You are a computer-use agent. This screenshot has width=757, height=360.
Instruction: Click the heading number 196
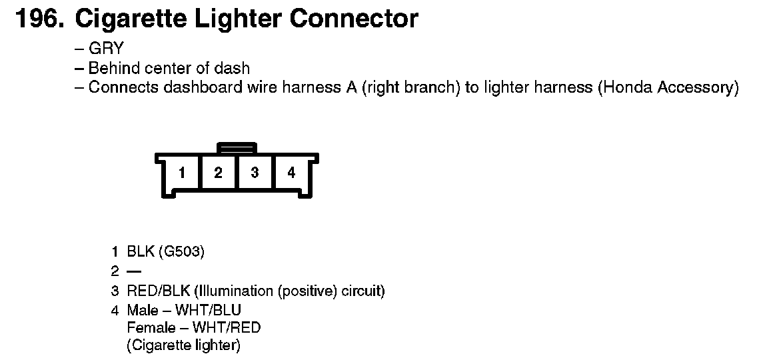pyautogui.click(x=39, y=19)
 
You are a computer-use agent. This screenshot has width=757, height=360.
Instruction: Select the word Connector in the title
pyautogui.click(x=353, y=19)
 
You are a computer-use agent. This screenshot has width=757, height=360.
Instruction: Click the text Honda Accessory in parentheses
pyautogui.click(x=668, y=87)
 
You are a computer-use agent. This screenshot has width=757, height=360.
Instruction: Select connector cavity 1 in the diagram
pyautogui.click(x=181, y=173)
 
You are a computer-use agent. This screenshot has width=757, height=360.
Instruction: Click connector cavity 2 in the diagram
pyautogui.click(x=218, y=173)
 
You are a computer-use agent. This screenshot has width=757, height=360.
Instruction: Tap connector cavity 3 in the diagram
pyautogui.click(x=255, y=173)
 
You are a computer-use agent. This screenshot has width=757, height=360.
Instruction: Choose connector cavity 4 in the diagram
pyautogui.click(x=291, y=173)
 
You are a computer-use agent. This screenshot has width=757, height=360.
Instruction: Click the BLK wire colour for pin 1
pyautogui.click(x=141, y=251)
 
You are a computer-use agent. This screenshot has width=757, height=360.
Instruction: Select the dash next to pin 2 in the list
pyautogui.click(x=134, y=271)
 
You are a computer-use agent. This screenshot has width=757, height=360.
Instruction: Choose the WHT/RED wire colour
pyautogui.click(x=227, y=327)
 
